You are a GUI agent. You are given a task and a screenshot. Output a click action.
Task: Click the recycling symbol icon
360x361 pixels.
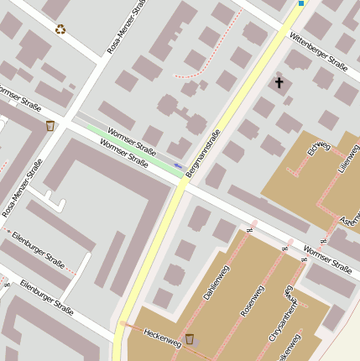point(60,29)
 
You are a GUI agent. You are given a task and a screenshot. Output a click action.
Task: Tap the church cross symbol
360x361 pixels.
point(279,82)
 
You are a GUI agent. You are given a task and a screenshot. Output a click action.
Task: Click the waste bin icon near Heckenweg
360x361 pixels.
point(190,338)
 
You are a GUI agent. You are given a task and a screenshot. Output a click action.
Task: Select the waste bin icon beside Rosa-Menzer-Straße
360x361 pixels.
point(50,126)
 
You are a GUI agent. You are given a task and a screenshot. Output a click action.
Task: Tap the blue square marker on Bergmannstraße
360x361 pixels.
point(300,3)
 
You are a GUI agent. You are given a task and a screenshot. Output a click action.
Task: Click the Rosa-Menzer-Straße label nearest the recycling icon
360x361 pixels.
point(122,28)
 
